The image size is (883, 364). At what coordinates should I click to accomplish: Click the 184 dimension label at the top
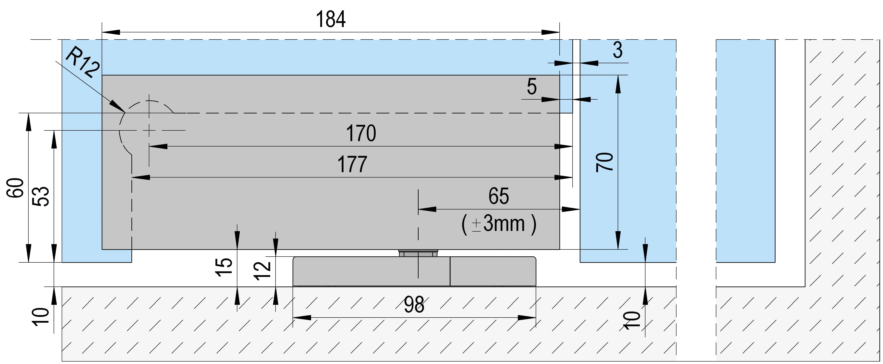(331, 19)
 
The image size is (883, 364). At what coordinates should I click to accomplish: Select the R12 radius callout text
(82, 63)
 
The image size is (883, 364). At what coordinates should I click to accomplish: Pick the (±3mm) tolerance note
(499, 224)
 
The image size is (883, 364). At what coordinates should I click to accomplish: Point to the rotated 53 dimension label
(41, 196)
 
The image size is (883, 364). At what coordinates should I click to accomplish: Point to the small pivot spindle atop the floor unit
(418, 253)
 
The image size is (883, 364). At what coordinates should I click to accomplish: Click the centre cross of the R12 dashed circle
(149, 130)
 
